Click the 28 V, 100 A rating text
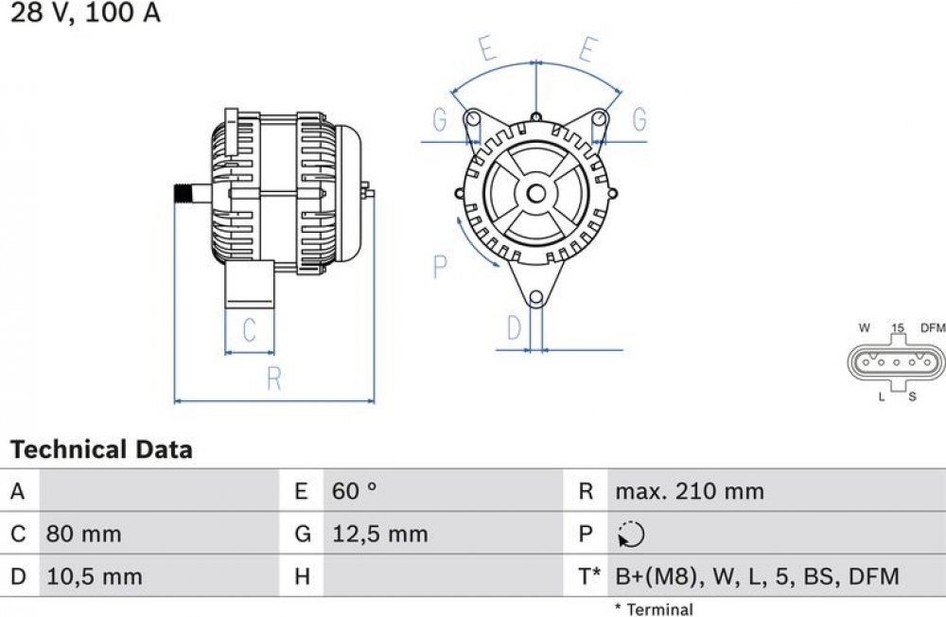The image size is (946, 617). point(86,12)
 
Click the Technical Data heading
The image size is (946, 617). point(101,450)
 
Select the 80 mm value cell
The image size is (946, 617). point(84,535)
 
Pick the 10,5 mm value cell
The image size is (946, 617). point(95,576)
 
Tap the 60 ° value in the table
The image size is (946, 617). point(355,491)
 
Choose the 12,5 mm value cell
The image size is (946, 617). point(380,535)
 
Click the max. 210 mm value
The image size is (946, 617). point(690,491)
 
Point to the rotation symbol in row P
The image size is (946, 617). point(631,535)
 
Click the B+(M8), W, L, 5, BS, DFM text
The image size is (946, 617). point(757,577)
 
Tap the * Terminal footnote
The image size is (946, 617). point(654,609)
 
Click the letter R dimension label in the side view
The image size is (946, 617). point(274,379)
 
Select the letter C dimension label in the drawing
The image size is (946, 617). point(249,330)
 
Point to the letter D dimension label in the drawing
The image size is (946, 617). point(514,327)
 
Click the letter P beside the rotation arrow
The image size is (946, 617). point(441,266)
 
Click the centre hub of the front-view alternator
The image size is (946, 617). point(535,194)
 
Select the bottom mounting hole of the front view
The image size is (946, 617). point(535,298)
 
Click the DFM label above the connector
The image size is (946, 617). point(933,327)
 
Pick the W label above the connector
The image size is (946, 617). point(865,327)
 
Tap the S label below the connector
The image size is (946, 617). point(912,397)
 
